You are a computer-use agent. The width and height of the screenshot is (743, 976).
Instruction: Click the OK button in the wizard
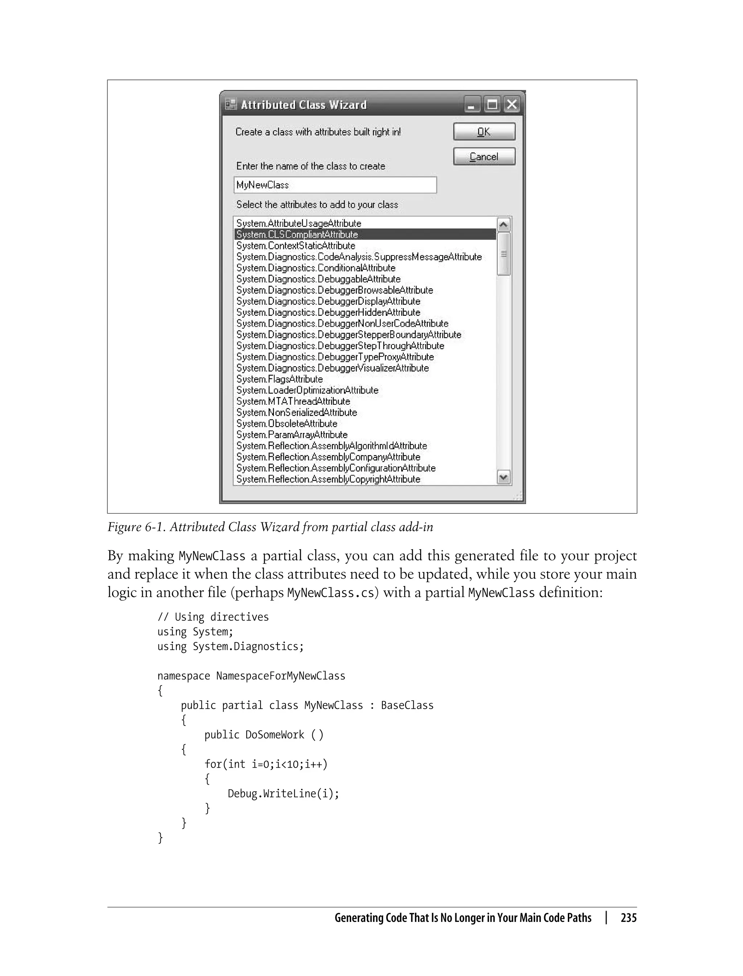coord(484,132)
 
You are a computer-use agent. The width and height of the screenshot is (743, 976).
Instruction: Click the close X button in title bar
coord(512,105)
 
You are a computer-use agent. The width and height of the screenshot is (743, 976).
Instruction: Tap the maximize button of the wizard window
coord(492,105)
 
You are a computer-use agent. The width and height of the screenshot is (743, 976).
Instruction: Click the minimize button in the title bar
coord(472,105)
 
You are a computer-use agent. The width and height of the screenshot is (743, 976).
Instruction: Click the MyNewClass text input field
coord(335,185)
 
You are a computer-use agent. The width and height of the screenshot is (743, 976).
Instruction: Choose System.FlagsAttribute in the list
coord(279,379)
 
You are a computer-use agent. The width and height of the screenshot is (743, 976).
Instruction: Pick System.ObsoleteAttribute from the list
coord(287,424)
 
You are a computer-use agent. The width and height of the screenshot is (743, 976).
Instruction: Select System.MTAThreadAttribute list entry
coord(293,401)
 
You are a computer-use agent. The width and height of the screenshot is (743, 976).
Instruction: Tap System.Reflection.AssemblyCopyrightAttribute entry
coord(328,479)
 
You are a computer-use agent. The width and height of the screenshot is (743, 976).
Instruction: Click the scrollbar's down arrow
coord(503,477)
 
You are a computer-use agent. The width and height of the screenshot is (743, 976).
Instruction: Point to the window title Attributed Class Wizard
coord(303,105)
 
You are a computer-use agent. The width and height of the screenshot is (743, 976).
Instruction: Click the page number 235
coord(628,918)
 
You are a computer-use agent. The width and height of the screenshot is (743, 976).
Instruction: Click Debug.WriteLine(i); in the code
coord(283,793)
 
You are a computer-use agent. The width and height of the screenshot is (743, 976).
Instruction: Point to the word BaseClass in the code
coord(407,705)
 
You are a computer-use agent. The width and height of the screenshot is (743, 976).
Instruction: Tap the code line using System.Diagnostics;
coord(230,646)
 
